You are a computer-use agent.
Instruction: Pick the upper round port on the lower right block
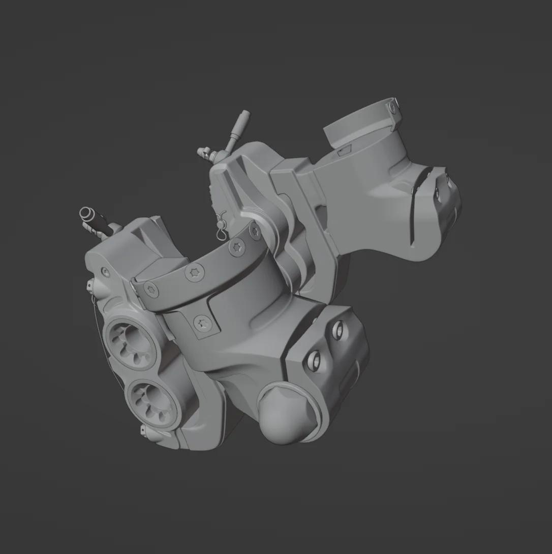[337, 331]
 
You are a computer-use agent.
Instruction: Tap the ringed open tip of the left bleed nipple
[85, 213]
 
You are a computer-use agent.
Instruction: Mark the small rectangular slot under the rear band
[344, 150]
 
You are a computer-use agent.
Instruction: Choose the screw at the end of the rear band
[391, 107]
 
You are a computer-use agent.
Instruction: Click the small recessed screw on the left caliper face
[105, 271]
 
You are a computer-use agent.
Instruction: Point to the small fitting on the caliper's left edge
[90, 288]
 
